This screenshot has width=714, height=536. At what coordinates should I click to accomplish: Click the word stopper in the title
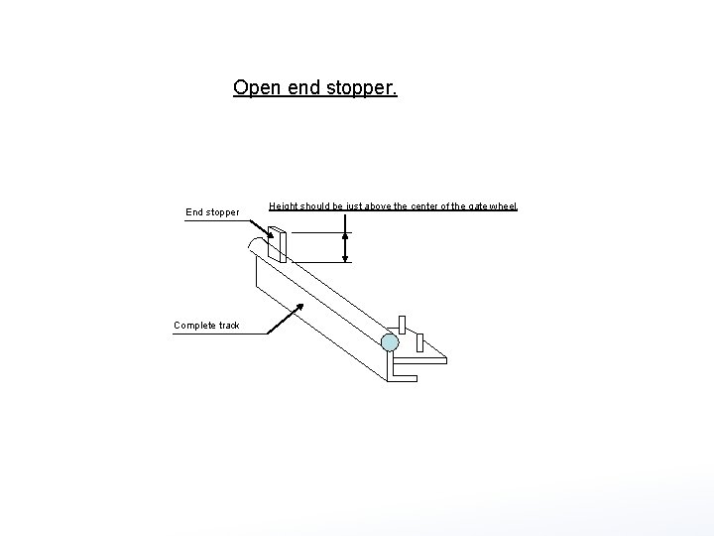[x=361, y=88]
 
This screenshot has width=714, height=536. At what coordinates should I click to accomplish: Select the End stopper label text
[x=212, y=211]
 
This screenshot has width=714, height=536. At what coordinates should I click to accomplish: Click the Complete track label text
[x=206, y=326]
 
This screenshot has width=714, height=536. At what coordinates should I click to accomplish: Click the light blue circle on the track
[x=390, y=342]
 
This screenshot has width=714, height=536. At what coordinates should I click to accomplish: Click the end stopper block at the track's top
[x=277, y=244]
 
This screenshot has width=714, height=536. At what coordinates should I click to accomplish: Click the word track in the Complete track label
[x=229, y=326]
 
